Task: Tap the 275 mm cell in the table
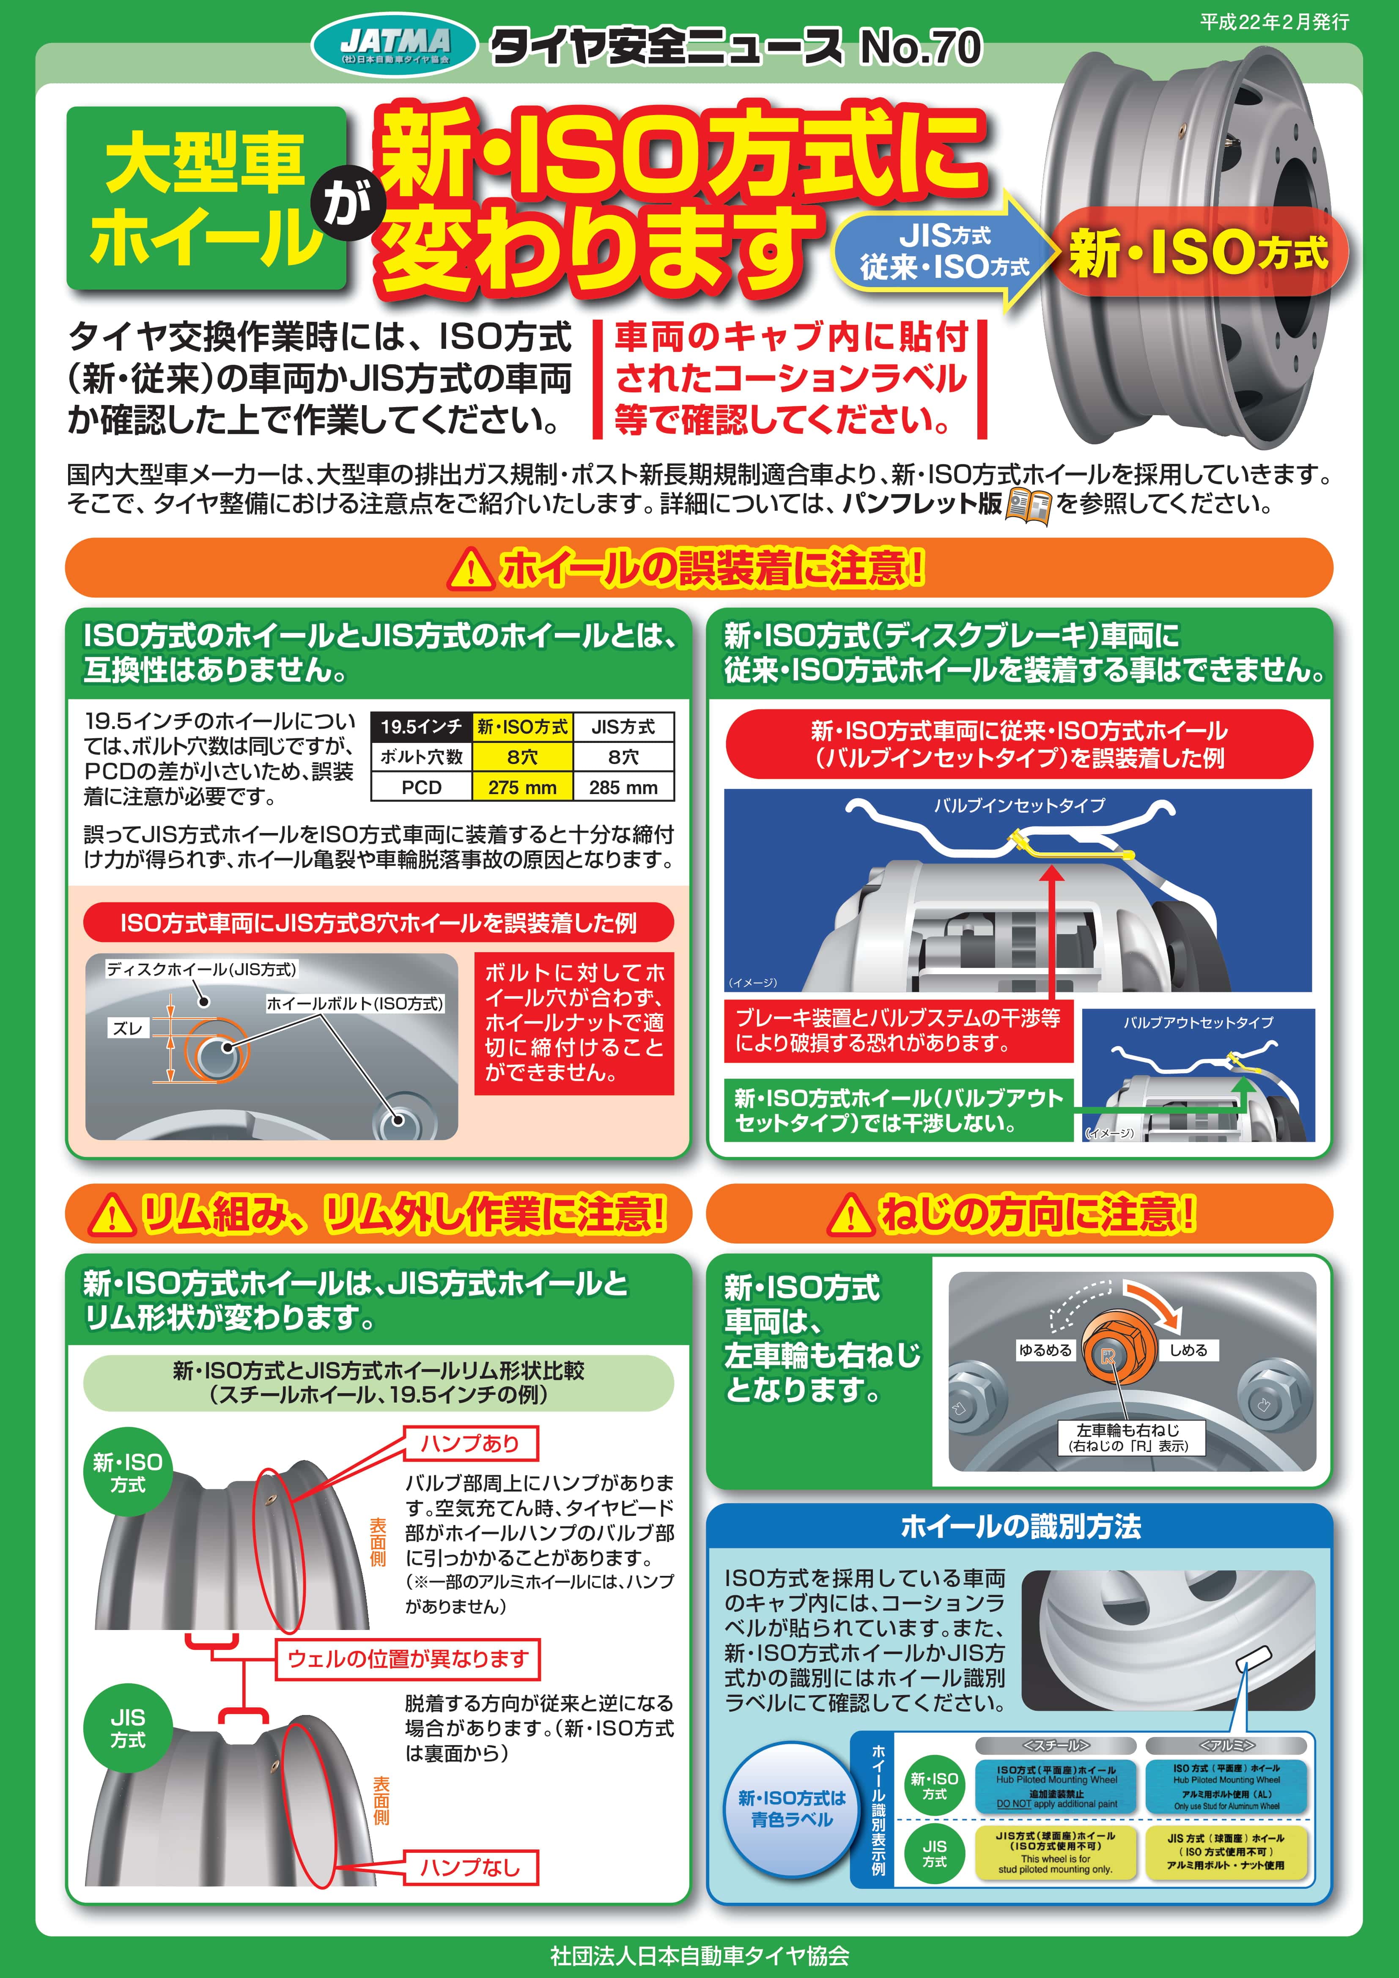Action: (522, 786)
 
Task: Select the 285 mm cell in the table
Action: (623, 786)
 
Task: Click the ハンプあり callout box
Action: (470, 1443)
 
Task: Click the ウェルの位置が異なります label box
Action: (406, 1658)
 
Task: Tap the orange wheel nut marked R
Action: (1109, 1357)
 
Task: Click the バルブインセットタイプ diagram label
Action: (1019, 805)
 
